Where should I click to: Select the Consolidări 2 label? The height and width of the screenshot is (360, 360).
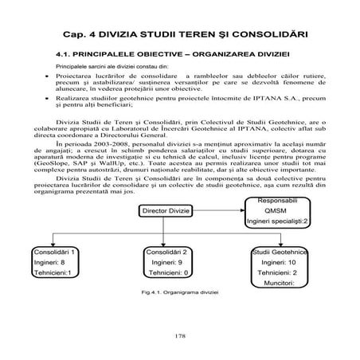coord(168,251)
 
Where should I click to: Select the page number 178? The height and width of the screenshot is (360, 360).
coord(179,337)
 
